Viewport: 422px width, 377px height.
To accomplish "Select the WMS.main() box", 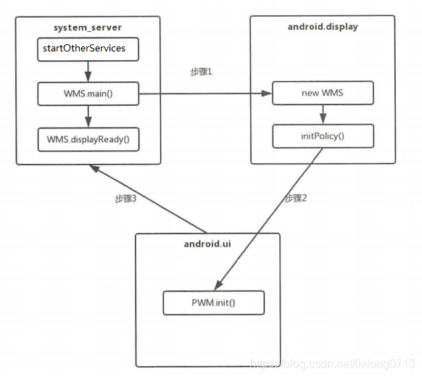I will (x=88, y=94).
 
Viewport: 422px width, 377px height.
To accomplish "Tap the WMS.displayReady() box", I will (x=88, y=138).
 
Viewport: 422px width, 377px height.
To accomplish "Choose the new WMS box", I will (x=322, y=94).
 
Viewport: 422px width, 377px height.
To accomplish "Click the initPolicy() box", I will (x=322, y=136).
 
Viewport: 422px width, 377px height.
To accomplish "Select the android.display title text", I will (x=323, y=28).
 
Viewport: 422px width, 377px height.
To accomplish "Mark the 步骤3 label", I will (x=128, y=197).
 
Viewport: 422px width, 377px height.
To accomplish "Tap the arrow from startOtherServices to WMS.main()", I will (x=88, y=71).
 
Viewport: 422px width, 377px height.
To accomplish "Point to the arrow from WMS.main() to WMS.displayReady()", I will (x=88, y=116).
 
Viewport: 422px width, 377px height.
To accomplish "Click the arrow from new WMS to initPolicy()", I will (x=322, y=115).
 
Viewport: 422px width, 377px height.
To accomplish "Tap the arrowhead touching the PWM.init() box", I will (x=219, y=287).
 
